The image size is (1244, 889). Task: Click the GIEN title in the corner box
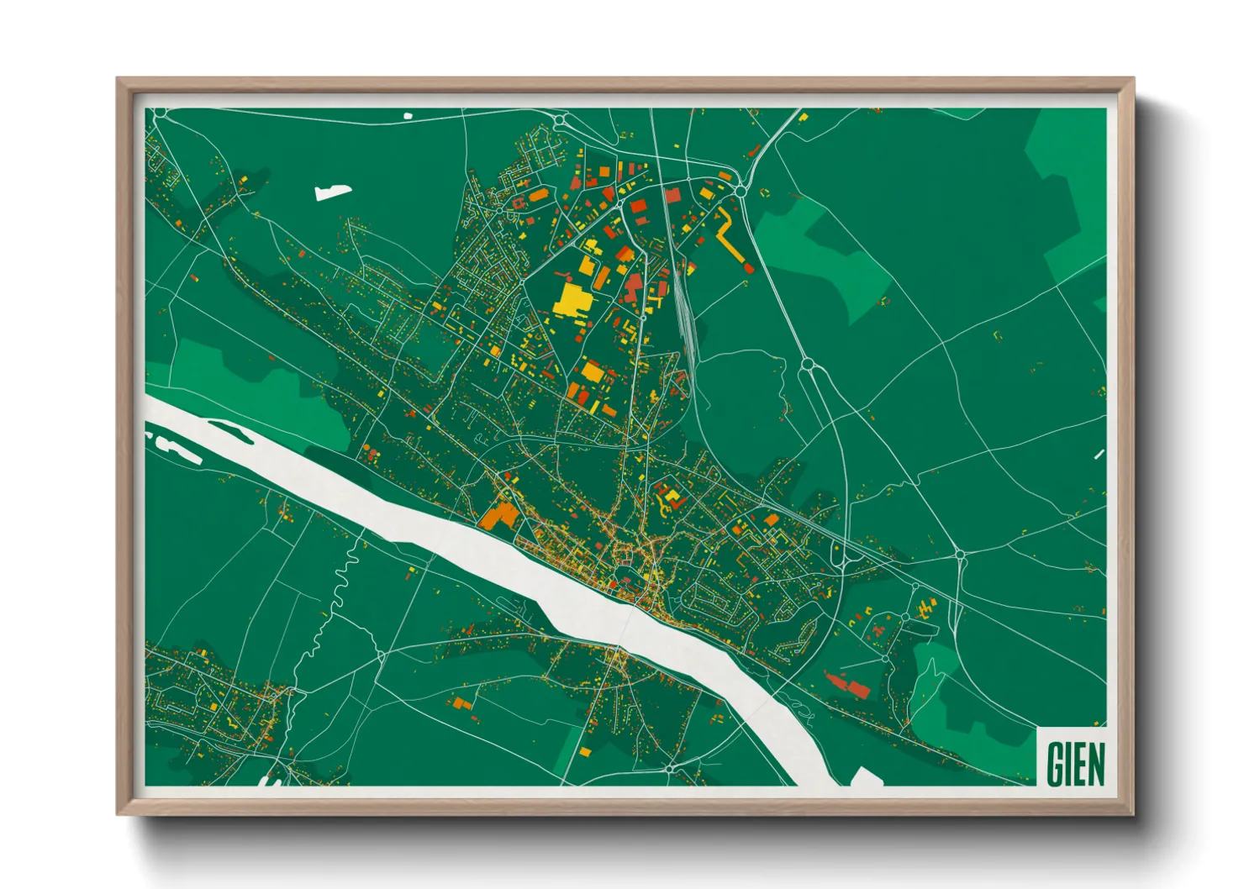tap(1075, 763)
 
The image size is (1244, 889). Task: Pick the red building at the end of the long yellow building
tap(748, 266)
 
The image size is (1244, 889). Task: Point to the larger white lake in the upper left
tap(333, 192)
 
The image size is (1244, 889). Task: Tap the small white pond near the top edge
tap(409, 116)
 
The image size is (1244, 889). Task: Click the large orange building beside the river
tap(499, 513)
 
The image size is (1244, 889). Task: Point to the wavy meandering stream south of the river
tap(329, 605)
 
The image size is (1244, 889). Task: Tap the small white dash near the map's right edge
tap(1099, 455)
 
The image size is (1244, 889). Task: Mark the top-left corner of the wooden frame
tap(119, 80)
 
